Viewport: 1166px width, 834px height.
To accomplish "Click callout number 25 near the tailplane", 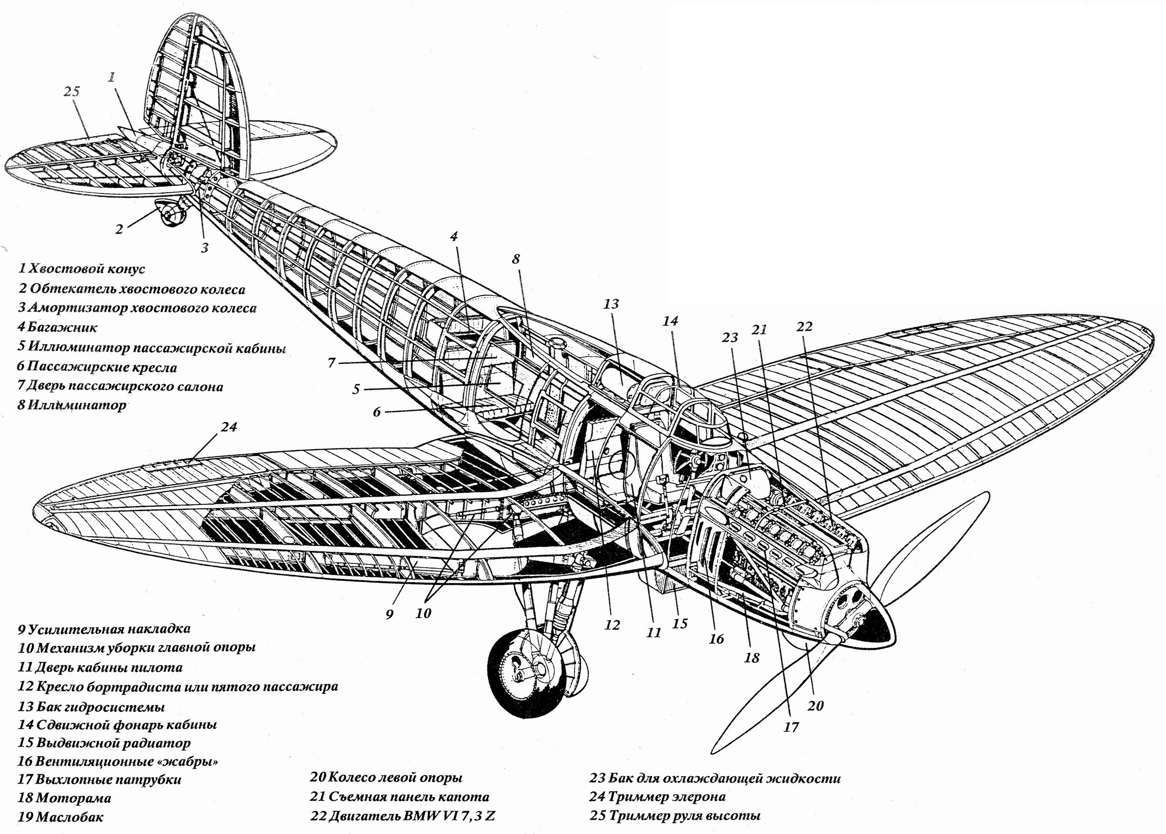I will [72, 91].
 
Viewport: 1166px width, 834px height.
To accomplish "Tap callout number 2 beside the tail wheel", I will [119, 229].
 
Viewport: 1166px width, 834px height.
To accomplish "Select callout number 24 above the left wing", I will [229, 427].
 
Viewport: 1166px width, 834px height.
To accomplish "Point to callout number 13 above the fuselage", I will [611, 304].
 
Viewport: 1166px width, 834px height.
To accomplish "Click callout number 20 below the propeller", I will [815, 706].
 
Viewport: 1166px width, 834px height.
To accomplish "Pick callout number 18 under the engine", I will [752, 658].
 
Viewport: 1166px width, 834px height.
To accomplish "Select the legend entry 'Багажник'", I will [57, 327].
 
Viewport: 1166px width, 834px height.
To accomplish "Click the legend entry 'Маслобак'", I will [61, 817].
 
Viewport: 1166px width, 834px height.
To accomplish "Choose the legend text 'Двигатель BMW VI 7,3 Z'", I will [403, 815].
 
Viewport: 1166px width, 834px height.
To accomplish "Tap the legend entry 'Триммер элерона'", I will [658, 797].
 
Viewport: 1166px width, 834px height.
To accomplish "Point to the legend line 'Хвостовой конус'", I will [82, 269].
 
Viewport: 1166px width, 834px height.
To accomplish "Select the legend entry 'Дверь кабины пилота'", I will [101, 667].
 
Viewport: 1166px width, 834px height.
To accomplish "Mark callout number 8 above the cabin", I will [516, 259].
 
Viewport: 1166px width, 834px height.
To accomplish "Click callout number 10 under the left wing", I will [423, 613].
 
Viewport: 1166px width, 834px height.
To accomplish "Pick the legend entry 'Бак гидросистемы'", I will [91, 707].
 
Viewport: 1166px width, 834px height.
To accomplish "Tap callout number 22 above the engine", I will [805, 327].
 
